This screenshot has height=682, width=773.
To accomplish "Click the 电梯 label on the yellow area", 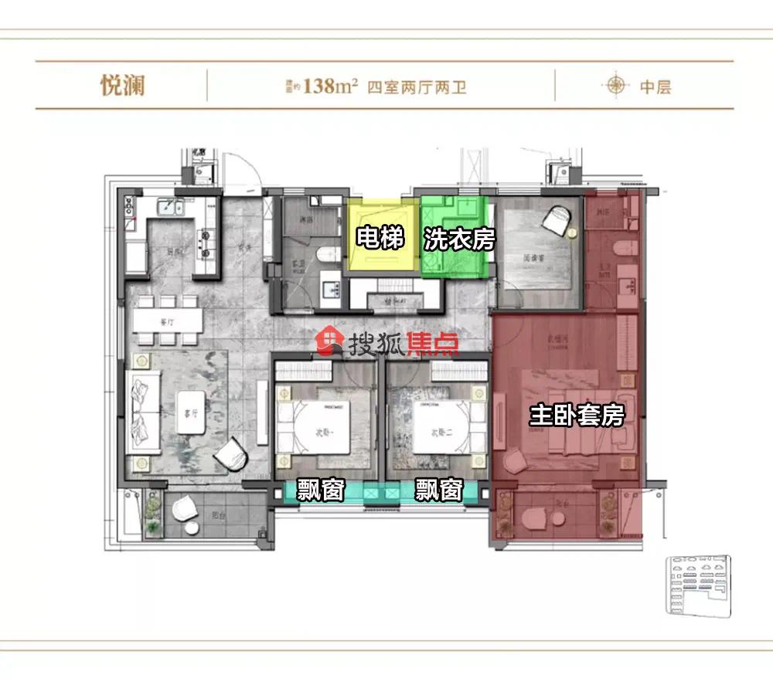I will point(380,239).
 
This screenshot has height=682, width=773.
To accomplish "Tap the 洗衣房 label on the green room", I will point(458,239).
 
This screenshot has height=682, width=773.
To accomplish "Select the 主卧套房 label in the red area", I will point(576,416).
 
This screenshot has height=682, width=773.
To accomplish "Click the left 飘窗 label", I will point(320,490).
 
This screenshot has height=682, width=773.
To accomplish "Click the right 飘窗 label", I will point(438,490).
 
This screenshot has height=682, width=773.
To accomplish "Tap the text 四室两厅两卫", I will point(417,87).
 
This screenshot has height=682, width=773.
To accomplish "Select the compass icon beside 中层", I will point(616,85).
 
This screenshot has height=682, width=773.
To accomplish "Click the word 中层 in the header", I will point(655,87).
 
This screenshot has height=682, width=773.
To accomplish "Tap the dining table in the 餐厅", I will point(168,320).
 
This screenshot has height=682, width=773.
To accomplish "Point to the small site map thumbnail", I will point(696,585).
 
